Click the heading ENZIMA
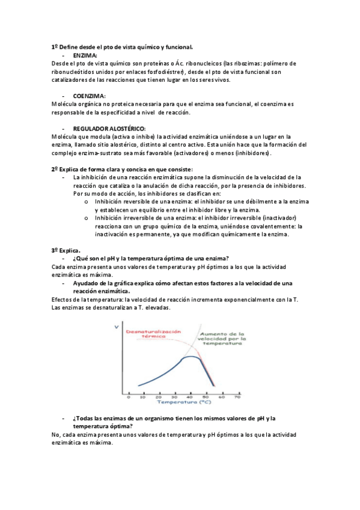point(85,55)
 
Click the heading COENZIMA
point(89,96)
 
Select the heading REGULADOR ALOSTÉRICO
point(109,129)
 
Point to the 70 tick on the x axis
point(237,396)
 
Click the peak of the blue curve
point(191,357)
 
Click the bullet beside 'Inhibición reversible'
point(87,202)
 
